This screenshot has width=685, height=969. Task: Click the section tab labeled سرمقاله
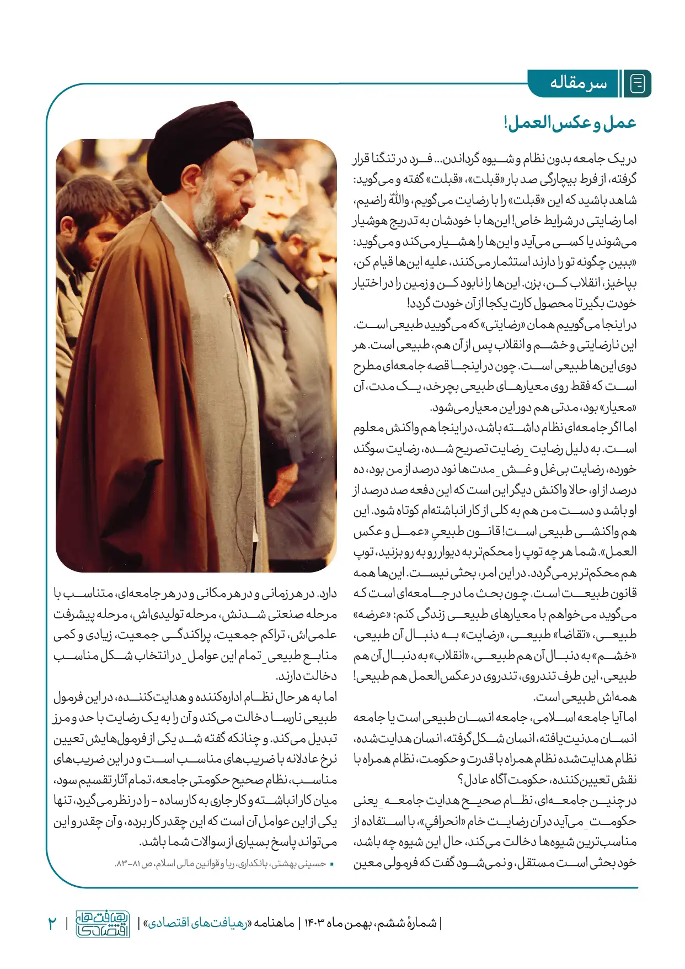click(x=577, y=84)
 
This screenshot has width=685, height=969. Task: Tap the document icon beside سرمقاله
click(x=638, y=84)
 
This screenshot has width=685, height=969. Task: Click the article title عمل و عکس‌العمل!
click(x=570, y=123)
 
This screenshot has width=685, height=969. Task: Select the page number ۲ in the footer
click(x=52, y=923)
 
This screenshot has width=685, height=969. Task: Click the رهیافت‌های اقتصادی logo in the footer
click(x=103, y=924)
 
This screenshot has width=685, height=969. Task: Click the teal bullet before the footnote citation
click(x=332, y=864)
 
